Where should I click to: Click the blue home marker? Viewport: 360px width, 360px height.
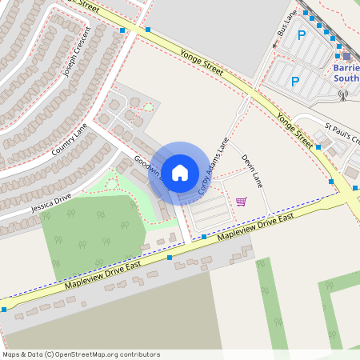[x=180, y=172]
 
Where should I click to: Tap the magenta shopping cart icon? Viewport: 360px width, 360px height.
[x=241, y=201]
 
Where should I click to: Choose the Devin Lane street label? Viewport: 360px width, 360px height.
[x=251, y=170]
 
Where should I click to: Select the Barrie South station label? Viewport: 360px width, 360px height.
[x=346, y=74]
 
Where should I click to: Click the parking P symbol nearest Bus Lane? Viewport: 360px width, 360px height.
[x=302, y=35]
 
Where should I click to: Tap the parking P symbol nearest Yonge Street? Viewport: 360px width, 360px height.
[x=295, y=81]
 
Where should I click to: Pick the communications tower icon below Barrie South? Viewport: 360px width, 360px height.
[x=344, y=94]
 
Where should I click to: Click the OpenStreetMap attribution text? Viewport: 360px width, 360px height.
[x=81, y=354]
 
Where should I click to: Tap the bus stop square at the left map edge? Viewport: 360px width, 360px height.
[x=4, y=309]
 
